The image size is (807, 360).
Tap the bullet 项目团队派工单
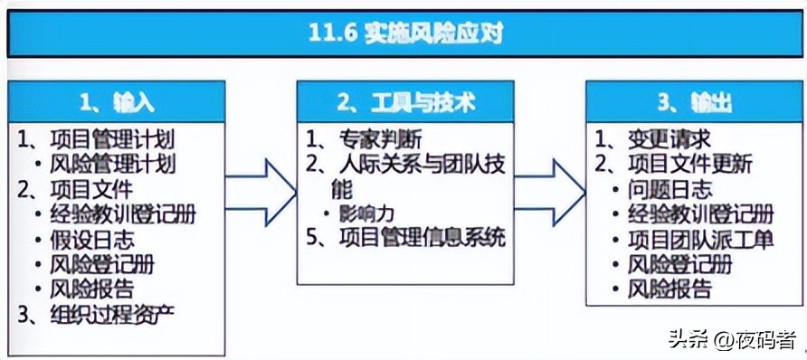(702, 240)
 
